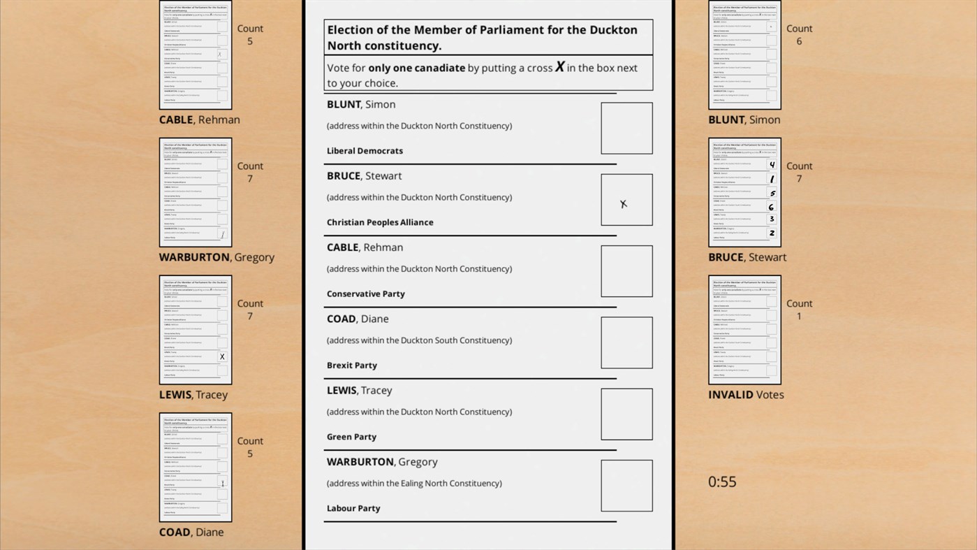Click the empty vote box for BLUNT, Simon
[626, 129]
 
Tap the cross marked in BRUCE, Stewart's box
[624, 204]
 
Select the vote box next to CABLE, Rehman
[626, 271]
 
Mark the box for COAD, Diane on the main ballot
[626, 342]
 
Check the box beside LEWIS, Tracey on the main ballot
[626, 414]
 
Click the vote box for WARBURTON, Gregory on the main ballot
[626, 486]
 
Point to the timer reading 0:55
[722, 482]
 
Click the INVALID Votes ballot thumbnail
[744, 330]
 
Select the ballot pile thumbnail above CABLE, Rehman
[196, 55]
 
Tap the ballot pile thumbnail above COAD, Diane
[196, 468]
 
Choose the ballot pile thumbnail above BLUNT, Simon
[744, 55]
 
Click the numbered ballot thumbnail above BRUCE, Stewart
[744, 192]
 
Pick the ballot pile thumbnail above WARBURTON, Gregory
[196, 192]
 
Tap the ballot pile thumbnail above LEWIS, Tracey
[196, 330]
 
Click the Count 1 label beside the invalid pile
[799, 310]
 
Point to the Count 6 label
[799, 35]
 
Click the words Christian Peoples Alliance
[380, 222]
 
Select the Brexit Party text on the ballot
[352, 366]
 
